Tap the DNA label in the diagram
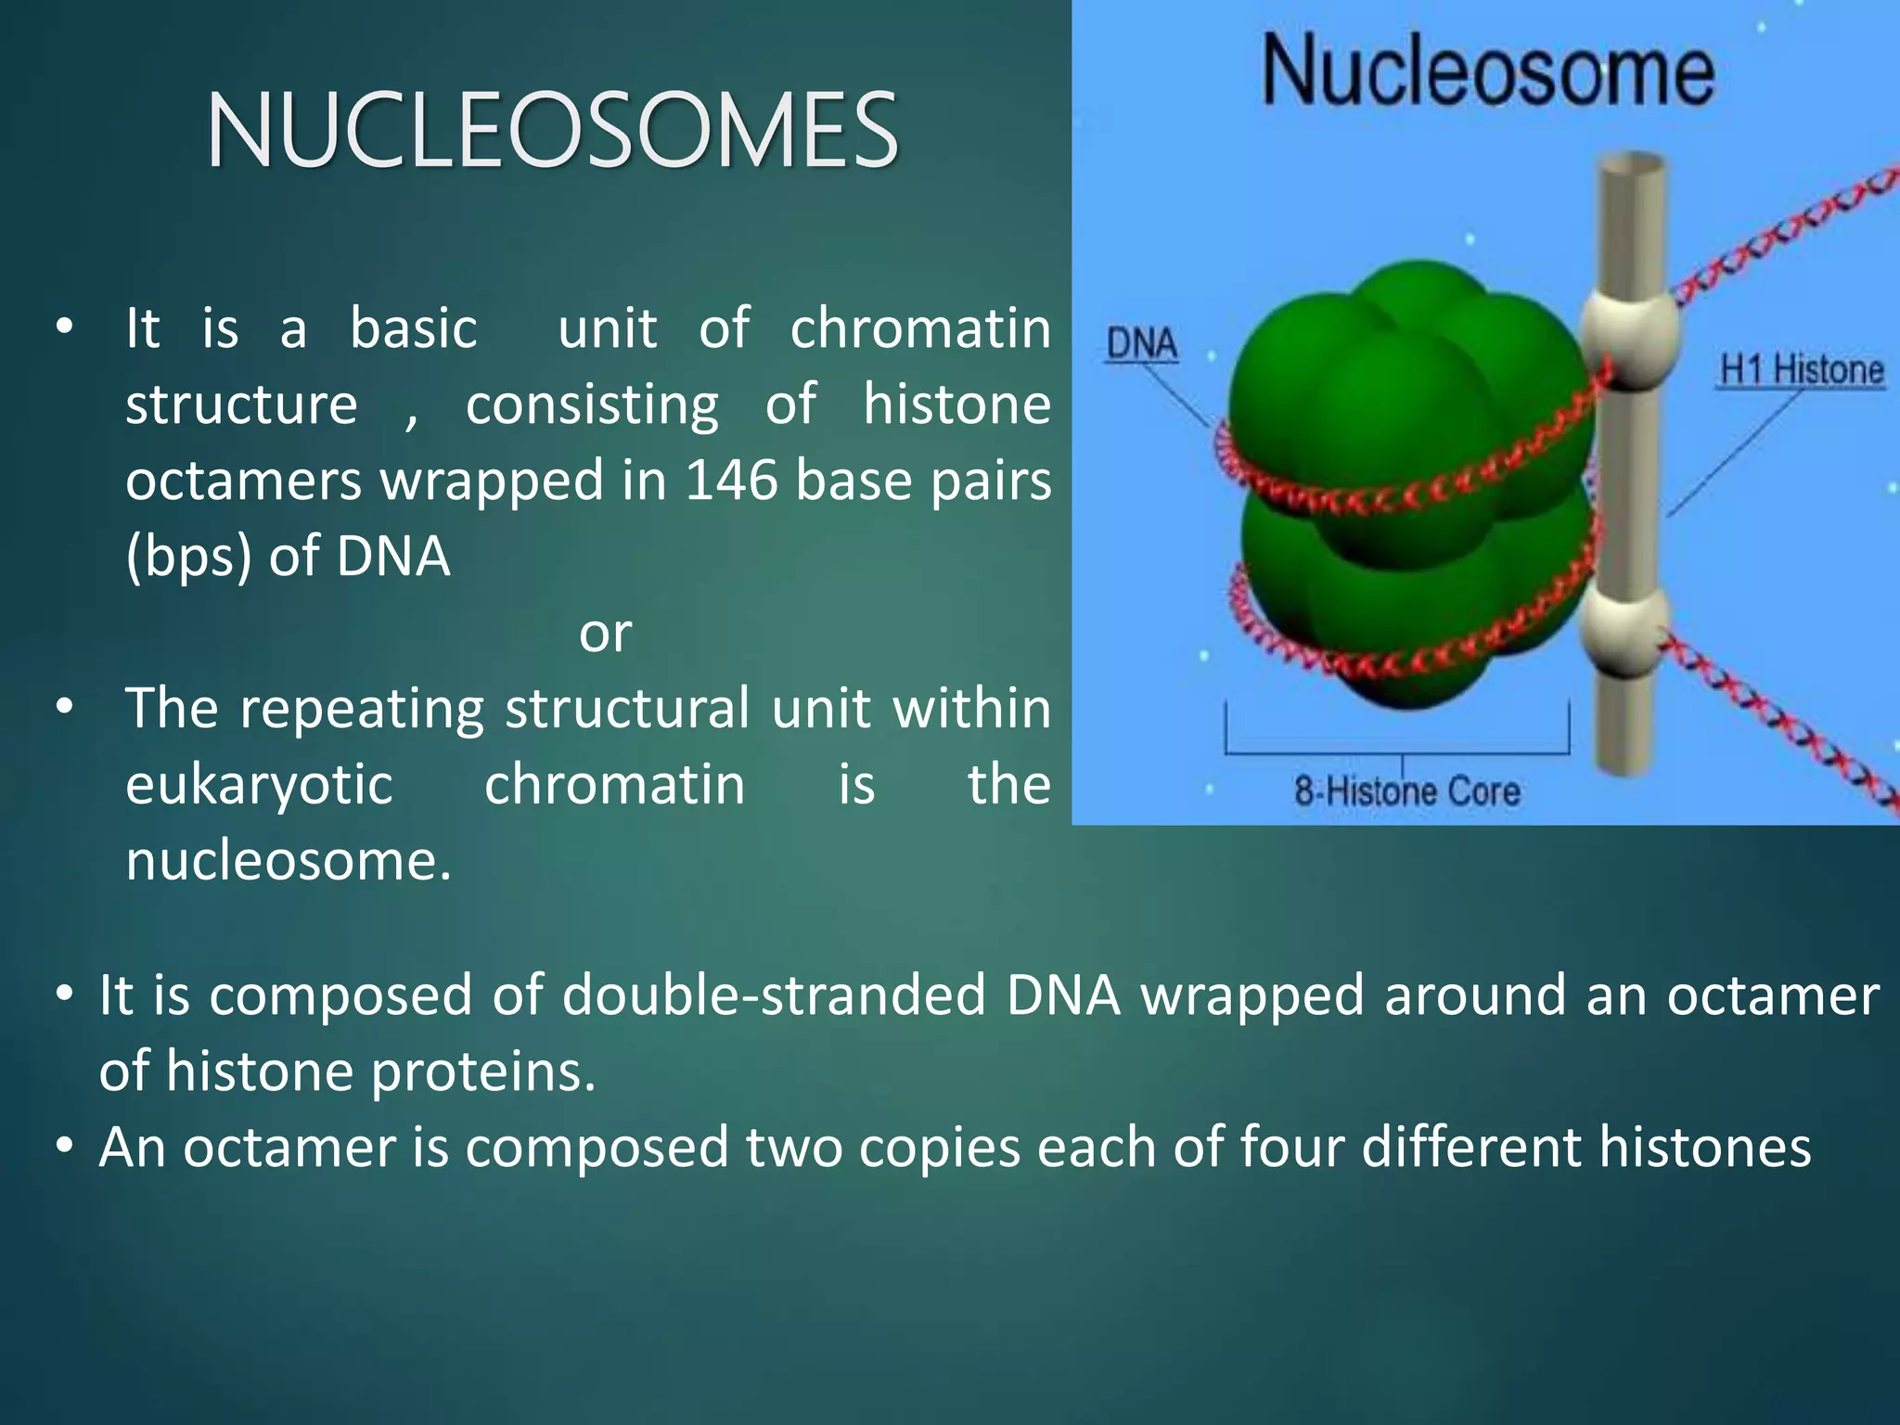[x=1142, y=344]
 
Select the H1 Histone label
[x=1801, y=370]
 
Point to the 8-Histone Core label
[x=1406, y=791]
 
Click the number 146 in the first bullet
[x=732, y=481]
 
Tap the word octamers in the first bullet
[x=244, y=481]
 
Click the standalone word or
[x=605, y=634]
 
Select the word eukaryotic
[x=259, y=785]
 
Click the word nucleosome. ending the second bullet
[x=289, y=861]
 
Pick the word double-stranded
[x=774, y=995]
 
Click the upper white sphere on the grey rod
[x=1630, y=331]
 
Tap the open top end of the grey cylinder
[x=1631, y=166]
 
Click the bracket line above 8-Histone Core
[x=1397, y=751]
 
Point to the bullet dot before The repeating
[x=64, y=708]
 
